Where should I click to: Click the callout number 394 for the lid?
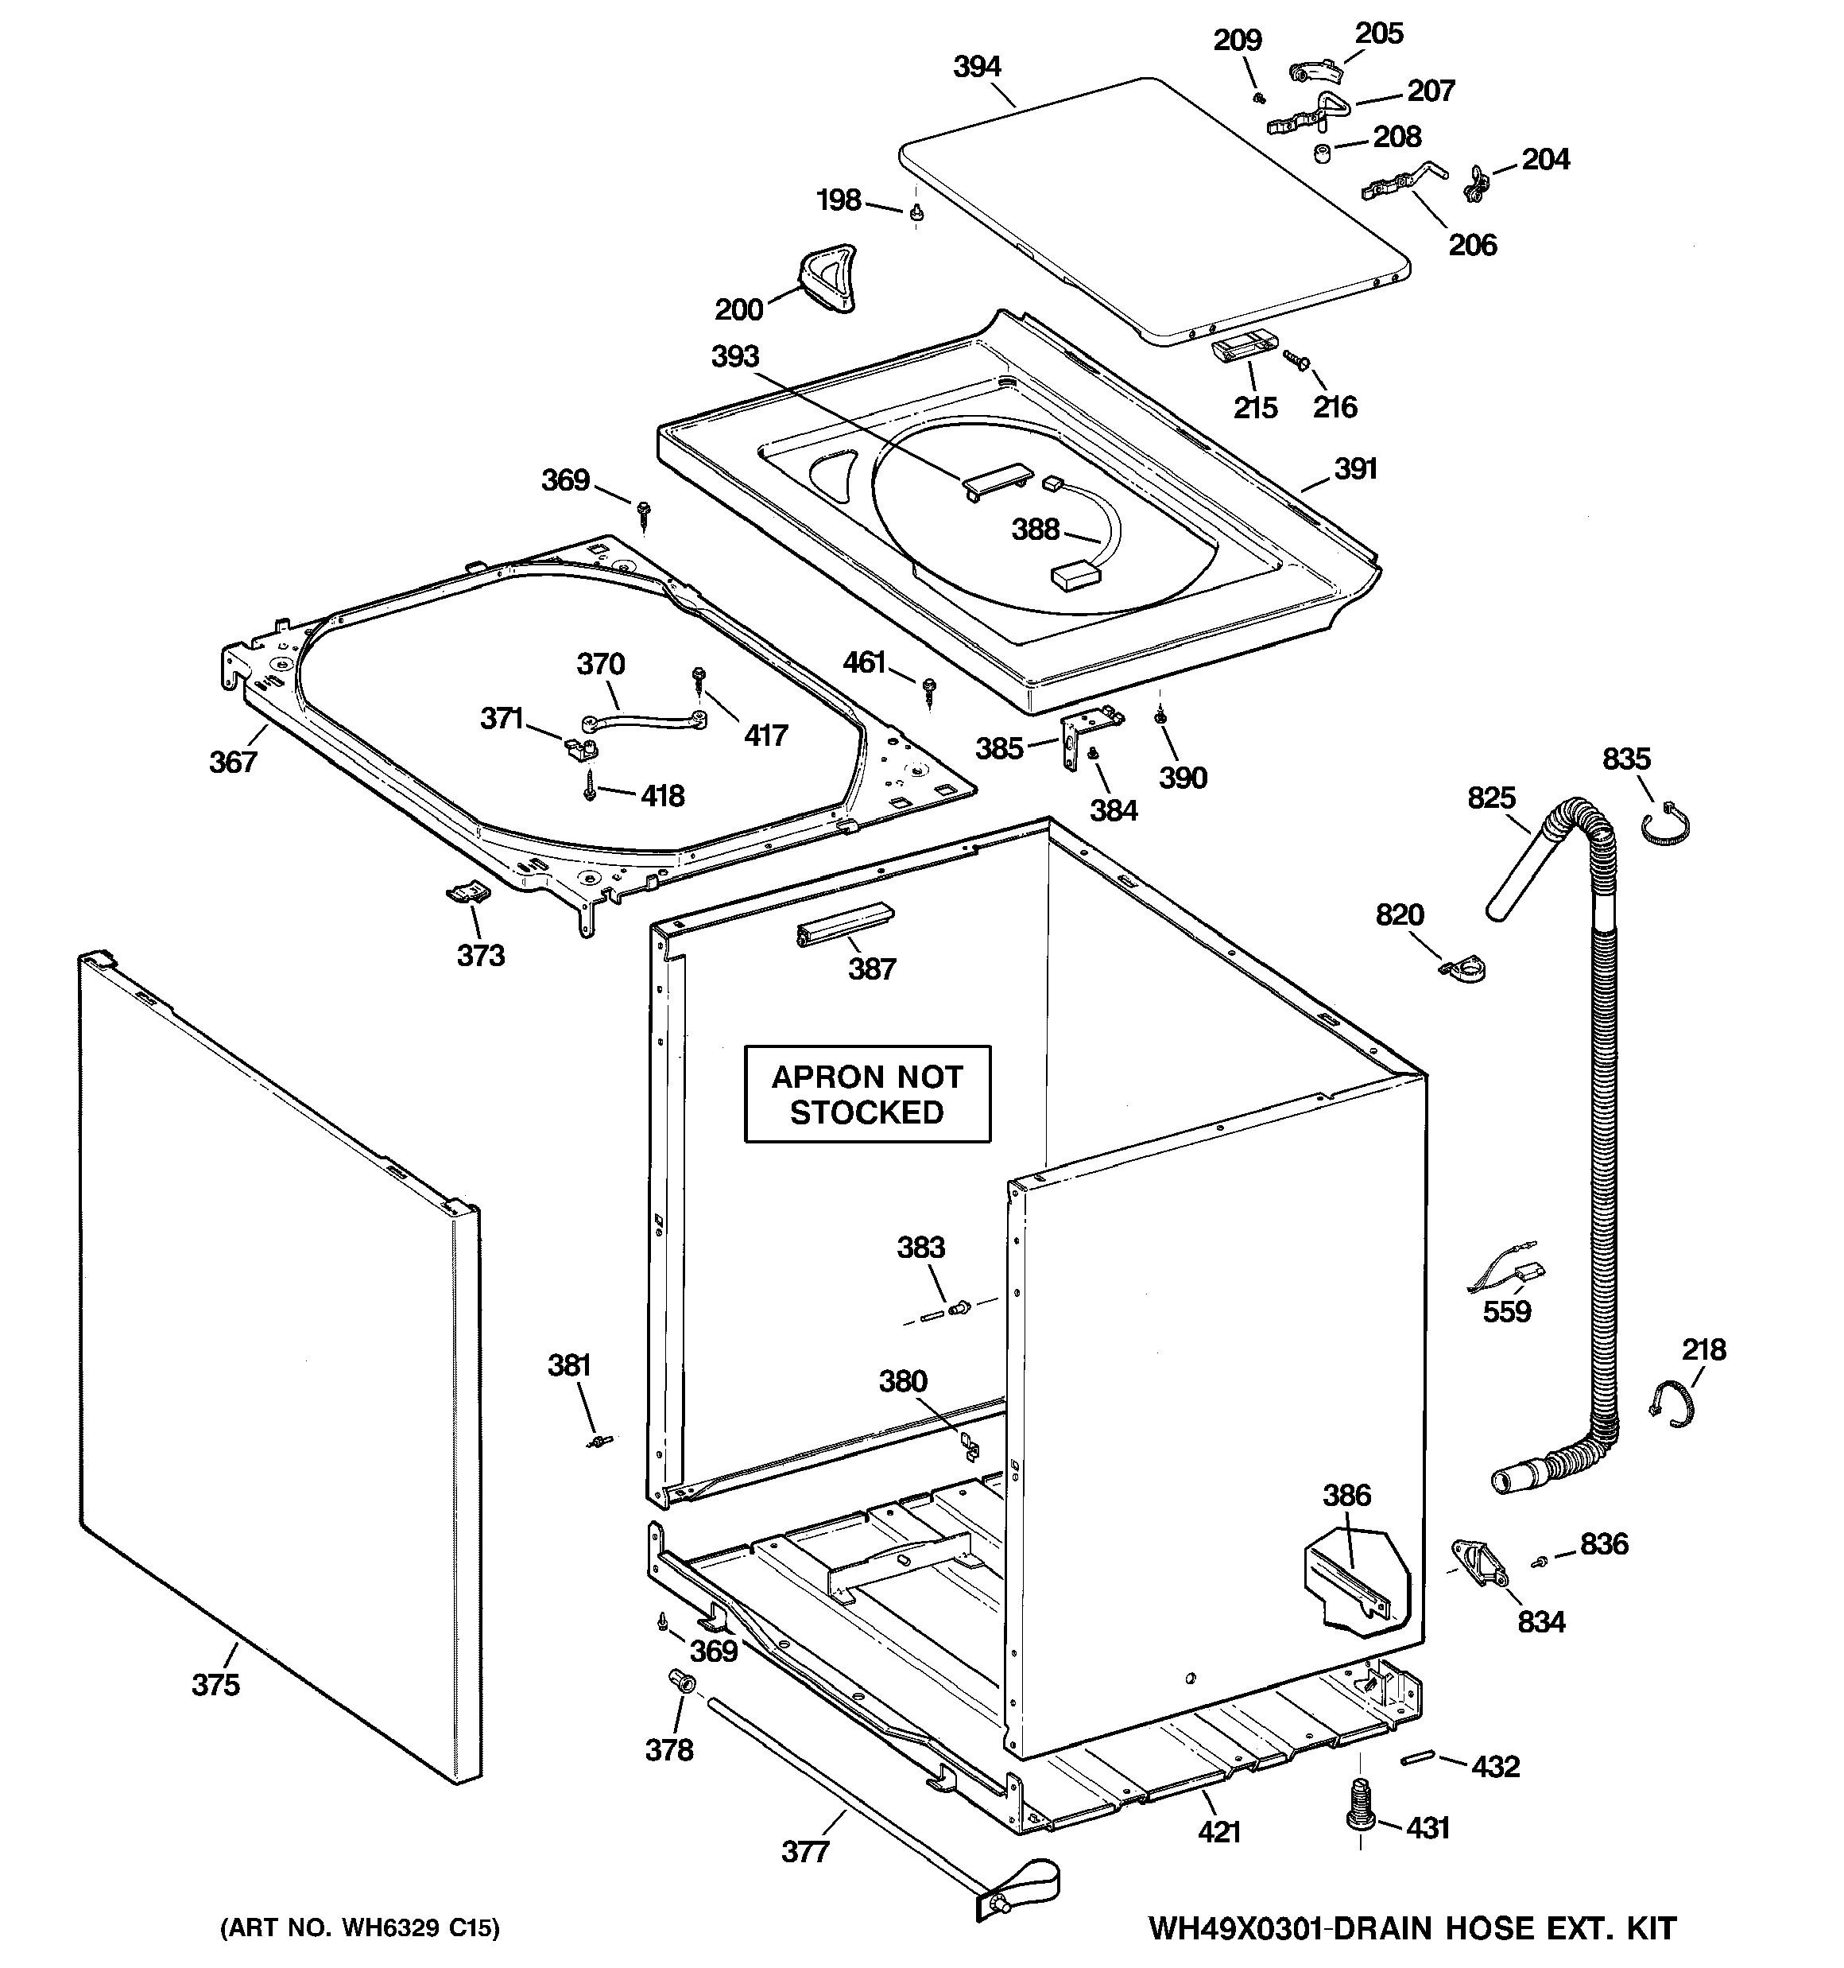click(976, 68)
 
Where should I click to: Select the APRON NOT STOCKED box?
click(867, 1094)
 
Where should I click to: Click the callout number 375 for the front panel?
click(215, 1684)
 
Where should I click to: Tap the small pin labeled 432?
click(1416, 1758)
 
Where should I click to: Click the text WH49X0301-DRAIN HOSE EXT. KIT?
click(1412, 1927)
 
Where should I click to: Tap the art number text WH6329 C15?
click(359, 1927)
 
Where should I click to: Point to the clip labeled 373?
click(465, 892)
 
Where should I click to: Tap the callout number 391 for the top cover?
click(1355, 468)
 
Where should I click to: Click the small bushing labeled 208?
click(1321, 155)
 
